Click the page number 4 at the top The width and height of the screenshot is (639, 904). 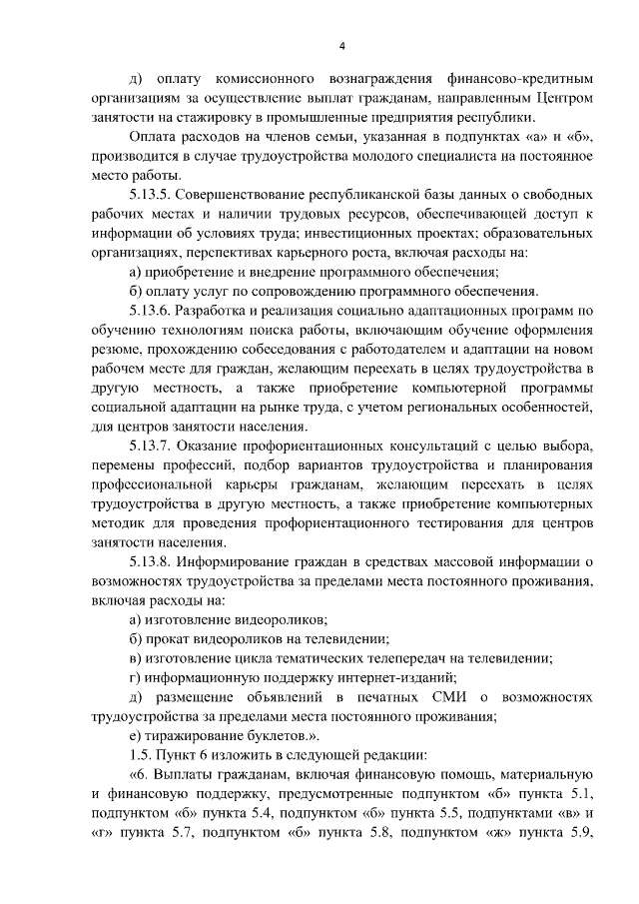342,47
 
